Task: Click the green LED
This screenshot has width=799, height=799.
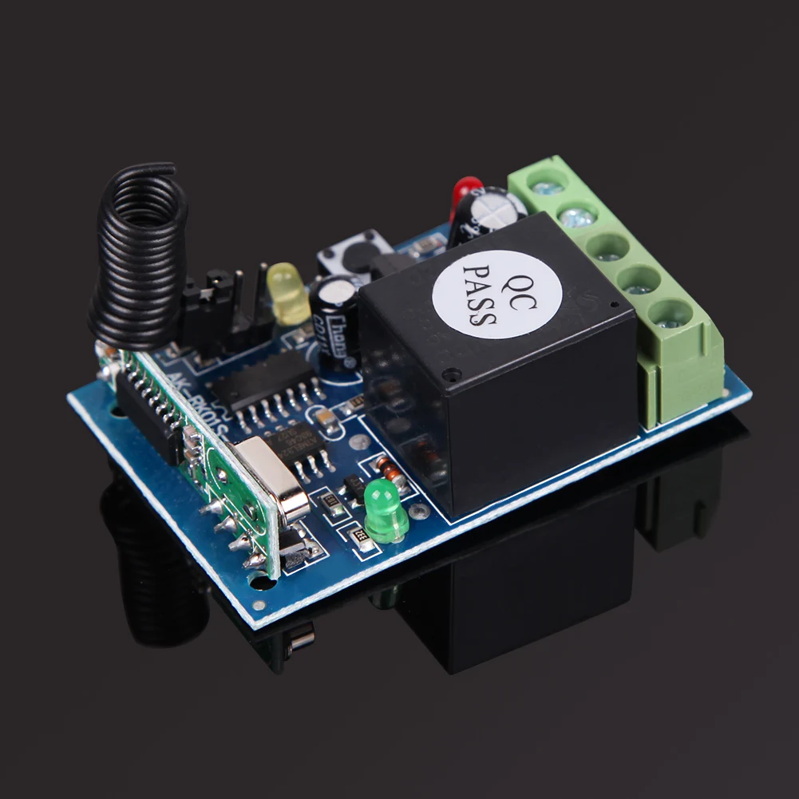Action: pos(386,511)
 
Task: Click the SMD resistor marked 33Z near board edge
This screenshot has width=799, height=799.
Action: pos(363,542)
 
